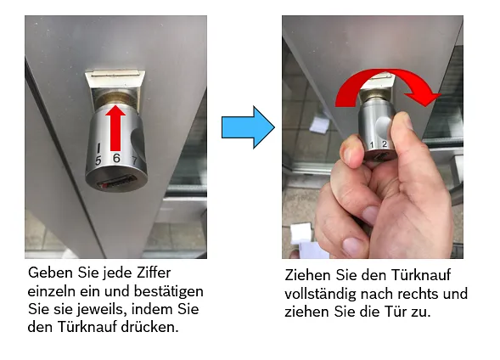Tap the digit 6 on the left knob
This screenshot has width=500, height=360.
(x=115, y=159)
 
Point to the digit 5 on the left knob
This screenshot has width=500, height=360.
(x=98, y=159)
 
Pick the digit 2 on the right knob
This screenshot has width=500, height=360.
(x=384, y=145)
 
